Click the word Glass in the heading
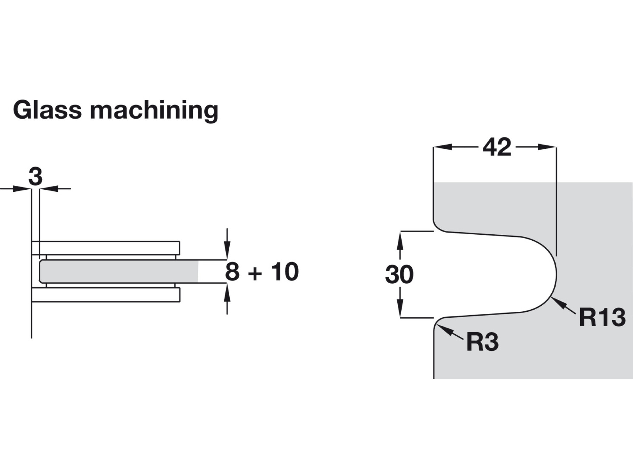[47, 110]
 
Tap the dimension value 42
[497, 147]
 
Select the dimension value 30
[399, 275]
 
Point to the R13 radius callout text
[602, 317]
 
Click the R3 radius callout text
[482, 342]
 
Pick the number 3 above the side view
[35, 177]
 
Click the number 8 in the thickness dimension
[232, 272]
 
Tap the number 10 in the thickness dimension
[284, 272]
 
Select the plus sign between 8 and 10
[255, 274]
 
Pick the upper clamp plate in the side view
[105, 248]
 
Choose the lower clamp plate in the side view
[105, 295]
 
